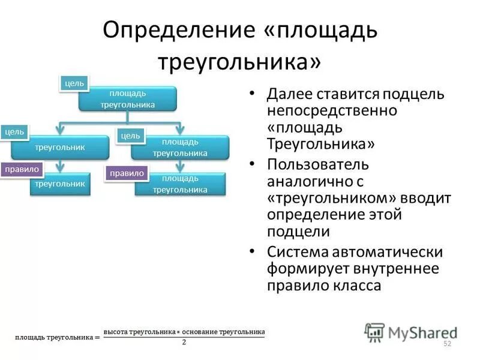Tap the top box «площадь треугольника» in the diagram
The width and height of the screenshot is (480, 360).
[127, 99]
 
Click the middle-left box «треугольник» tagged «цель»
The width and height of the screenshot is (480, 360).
[60, 147]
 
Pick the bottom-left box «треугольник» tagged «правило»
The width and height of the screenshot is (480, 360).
[60, 184]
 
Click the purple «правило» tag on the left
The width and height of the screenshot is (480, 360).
[22, 170]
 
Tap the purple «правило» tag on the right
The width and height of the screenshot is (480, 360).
[126, 173]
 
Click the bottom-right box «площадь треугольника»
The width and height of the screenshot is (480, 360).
[180, 184]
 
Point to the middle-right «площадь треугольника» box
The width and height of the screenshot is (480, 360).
[180, 148]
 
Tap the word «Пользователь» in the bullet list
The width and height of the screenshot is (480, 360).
[318, 164]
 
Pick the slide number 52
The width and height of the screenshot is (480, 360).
[446, 343]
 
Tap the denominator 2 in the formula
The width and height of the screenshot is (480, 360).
[184, 343]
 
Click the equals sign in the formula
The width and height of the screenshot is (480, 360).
[97, 337]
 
